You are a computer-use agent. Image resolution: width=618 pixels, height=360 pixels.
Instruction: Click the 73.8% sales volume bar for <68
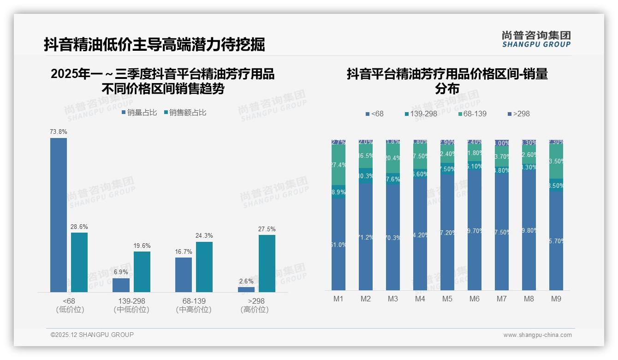[x=59, y=215]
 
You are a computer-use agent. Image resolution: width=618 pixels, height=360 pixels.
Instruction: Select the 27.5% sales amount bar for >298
[x=267, y=263]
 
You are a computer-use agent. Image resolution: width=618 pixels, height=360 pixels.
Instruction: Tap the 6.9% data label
[x=121, y=272]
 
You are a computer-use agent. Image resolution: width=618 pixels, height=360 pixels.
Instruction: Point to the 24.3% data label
[x=204, y=236]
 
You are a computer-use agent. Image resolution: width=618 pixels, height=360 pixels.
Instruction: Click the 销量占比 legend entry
[x=139, y=113]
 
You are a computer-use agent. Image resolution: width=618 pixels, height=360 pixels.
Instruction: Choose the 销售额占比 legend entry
[x=184, y=113]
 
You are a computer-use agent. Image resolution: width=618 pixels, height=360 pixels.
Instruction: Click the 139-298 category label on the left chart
[x=131, y=301]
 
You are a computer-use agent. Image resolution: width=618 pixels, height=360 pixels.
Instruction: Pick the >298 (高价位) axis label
[x=254, y=305]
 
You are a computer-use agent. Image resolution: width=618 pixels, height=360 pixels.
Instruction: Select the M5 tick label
[x=447, y=299]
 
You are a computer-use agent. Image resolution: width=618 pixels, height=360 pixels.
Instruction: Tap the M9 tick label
[x=556, y=299]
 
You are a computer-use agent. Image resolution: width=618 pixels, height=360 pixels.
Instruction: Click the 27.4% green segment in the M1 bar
[x=339, y=164]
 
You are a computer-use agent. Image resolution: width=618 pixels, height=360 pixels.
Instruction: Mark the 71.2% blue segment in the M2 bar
[x=366, y=237]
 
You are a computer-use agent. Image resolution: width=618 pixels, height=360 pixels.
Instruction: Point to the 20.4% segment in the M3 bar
[x=393, y=158]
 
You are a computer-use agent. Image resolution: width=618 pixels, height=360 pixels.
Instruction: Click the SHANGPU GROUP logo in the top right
[x=536, y=39]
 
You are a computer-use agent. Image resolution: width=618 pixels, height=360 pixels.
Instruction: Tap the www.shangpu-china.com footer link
[x=537, y=335]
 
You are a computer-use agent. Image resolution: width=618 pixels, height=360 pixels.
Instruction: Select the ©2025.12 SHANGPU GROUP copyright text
[x=92, y=335]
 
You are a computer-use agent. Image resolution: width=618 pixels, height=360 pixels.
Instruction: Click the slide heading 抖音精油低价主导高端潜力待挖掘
[x=154, y=45]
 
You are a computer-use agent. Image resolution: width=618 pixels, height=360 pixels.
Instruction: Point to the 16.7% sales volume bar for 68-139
[x=184, y=275]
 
